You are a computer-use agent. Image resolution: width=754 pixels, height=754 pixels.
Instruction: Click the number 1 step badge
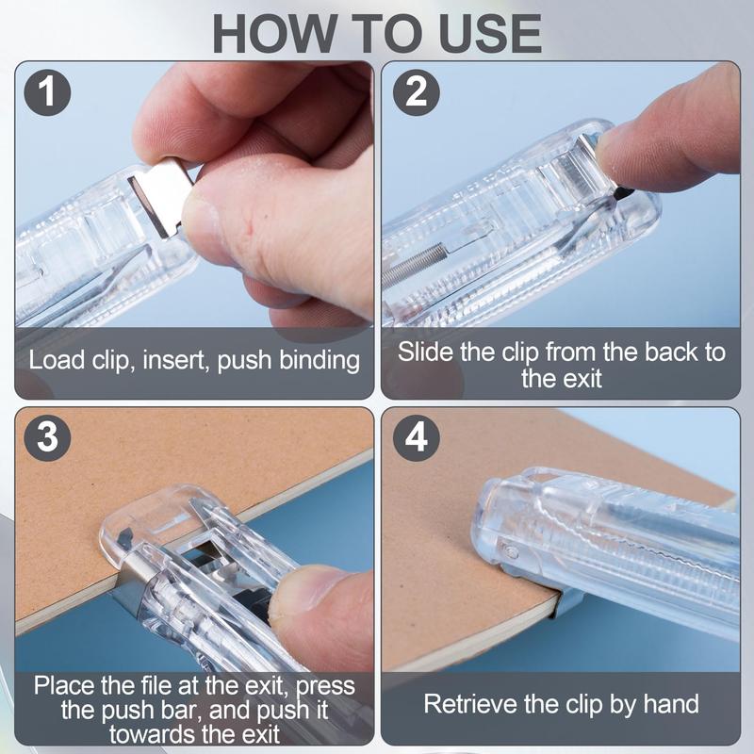tap(47, 92)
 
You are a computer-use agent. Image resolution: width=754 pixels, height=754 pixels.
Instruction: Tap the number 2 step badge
tap(416, 91)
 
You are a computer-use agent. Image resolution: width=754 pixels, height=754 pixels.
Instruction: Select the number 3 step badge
tap(47, 437)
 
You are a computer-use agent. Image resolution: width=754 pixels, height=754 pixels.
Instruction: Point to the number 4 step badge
tap(416, 437)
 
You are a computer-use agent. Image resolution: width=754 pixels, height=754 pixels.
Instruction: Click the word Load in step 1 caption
tap(57, 359)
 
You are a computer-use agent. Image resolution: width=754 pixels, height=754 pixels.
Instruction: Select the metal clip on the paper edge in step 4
tap(565, 603)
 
